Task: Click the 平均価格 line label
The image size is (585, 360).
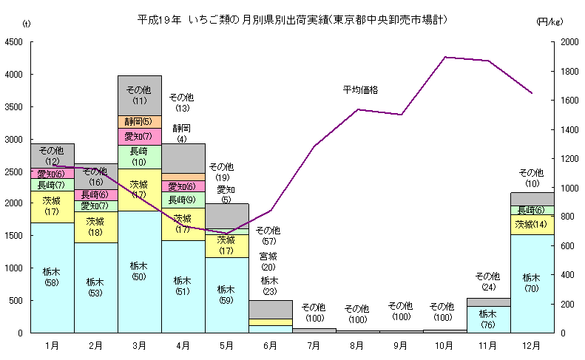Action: [x=360, y=90]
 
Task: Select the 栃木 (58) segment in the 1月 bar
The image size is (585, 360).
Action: [x=53, y=277]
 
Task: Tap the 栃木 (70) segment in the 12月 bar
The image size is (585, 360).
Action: [x=532, y=283]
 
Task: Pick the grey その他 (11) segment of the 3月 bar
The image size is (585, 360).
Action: [x=139, y=95]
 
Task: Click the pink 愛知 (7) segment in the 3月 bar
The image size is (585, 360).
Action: [x=139, y=137]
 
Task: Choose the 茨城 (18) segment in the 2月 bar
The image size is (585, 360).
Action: [x=95, y=227]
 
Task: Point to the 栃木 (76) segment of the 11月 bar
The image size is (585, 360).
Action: [x=488, y=319]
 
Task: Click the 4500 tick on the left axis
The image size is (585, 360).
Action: [x=15, y=42]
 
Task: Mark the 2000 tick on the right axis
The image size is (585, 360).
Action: [x=569, y=42]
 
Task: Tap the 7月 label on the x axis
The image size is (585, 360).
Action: [x=314, y=345]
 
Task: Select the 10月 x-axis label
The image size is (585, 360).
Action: [x=444, y=345]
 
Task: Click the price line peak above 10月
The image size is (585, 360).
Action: [x=444, y=57]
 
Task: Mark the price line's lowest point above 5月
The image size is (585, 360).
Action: [x=227, y=234]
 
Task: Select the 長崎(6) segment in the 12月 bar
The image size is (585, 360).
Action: [x=532, y=210]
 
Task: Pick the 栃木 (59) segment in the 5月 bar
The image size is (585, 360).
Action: [x=227, y=294]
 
